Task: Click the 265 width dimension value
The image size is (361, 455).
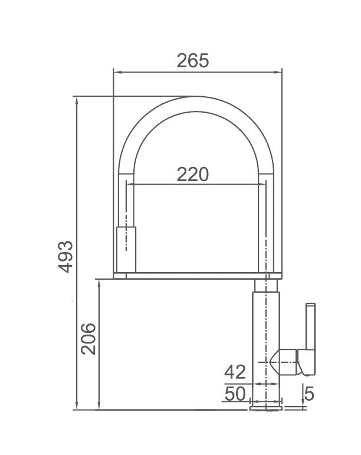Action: click(x=193, y=60)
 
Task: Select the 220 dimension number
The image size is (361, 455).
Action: click(x=193, y=174)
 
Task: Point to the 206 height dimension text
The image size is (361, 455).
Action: click(x=88, y=338)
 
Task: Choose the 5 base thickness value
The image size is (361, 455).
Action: click(x=309, y=392)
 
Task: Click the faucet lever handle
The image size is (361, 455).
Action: click(x=309, y=330)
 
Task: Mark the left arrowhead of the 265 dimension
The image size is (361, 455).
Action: click(x=116, y=73)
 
